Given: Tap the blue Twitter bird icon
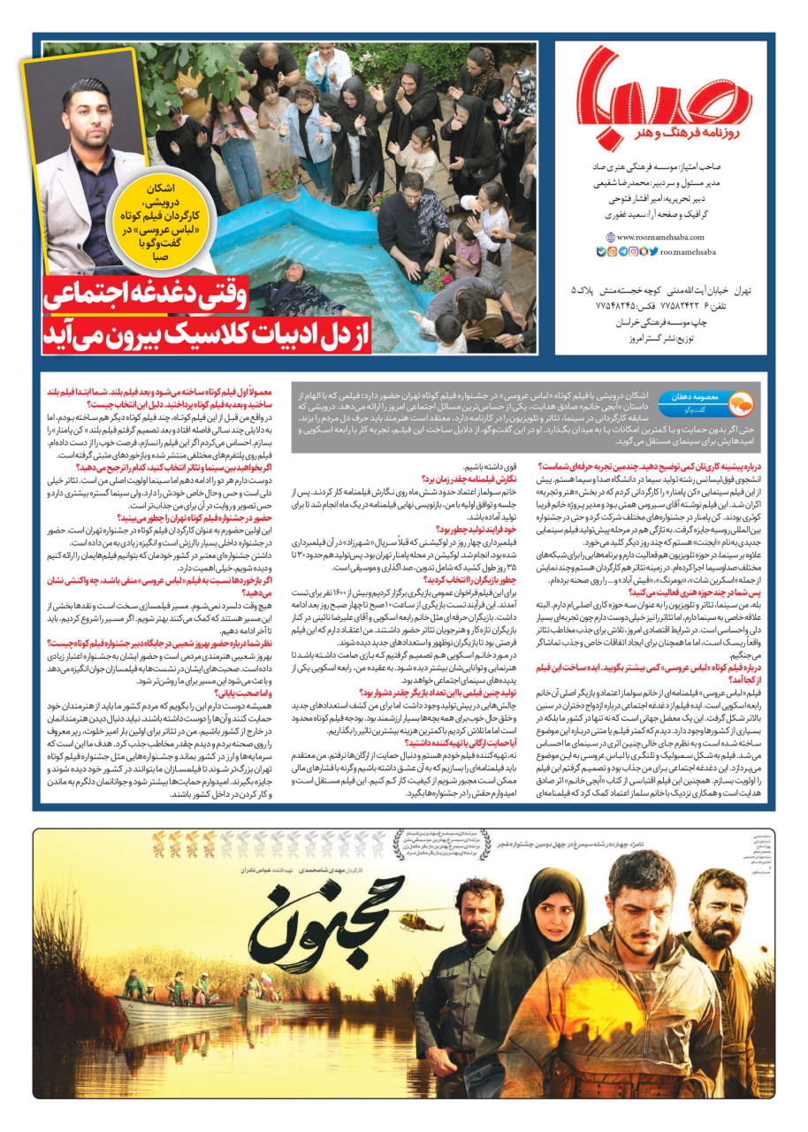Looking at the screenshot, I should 654,251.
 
